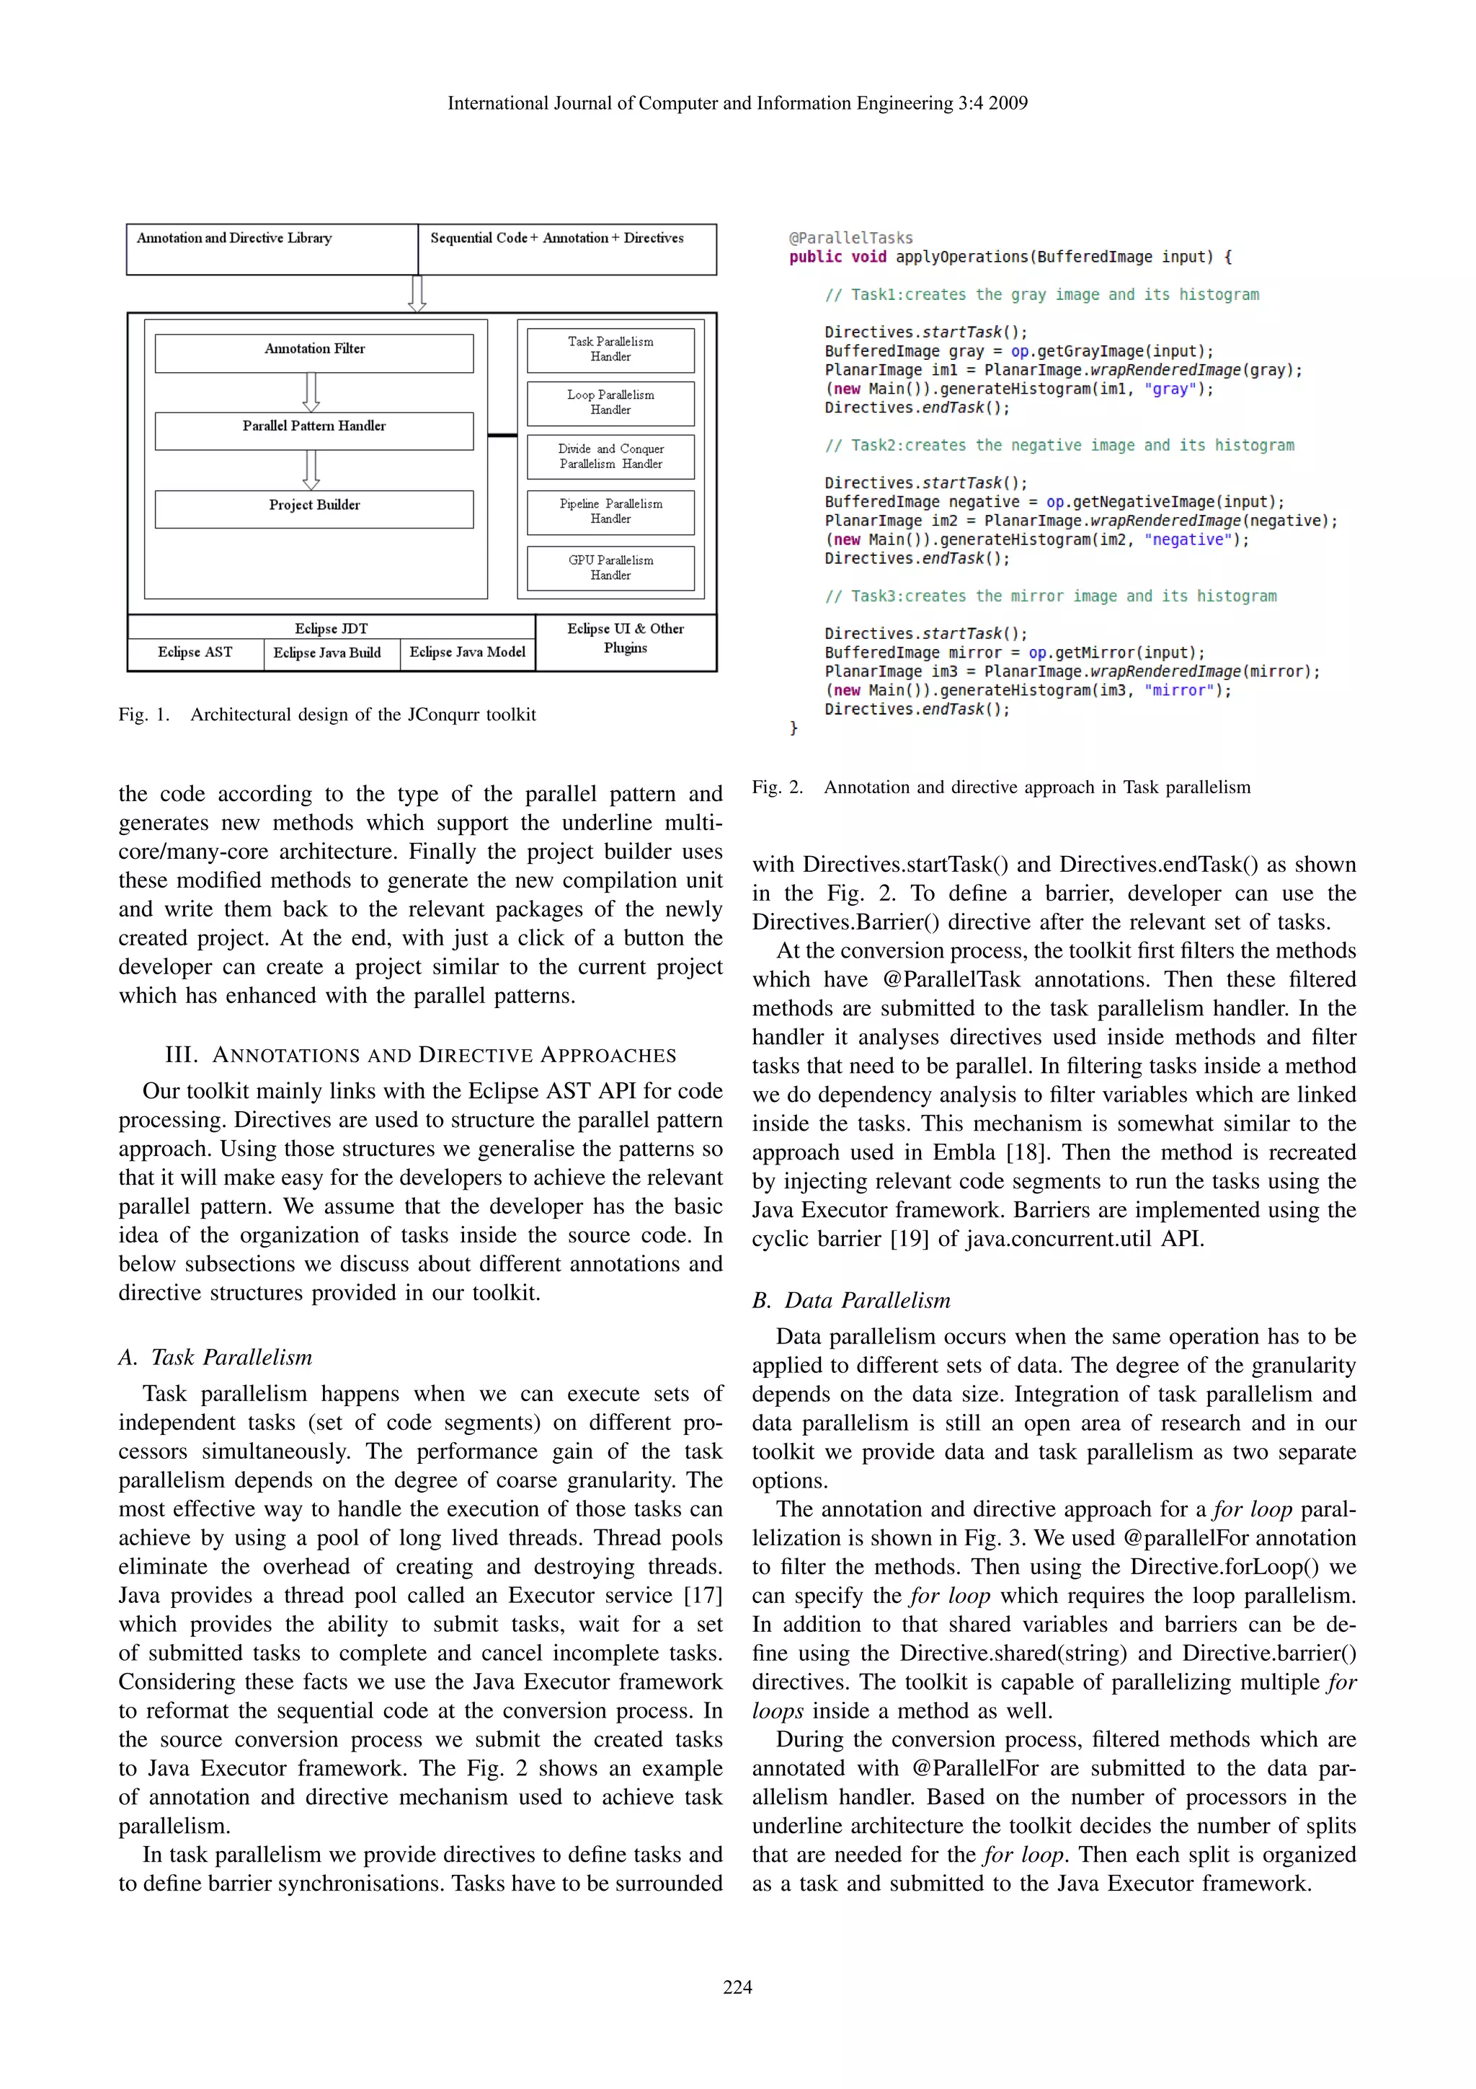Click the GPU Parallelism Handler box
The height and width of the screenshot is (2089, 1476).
(x=610, y=567)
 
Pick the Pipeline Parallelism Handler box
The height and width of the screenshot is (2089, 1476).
(x=610, y=511)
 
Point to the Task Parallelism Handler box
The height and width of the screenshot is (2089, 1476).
(x=610, y=350)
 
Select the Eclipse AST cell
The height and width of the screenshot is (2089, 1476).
(x=195, y=653)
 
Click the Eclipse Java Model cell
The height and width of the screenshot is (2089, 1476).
(x=468, y=653)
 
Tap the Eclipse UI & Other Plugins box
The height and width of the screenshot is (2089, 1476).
(x=626, y=639)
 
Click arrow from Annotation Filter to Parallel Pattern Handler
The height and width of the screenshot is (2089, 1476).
(x=311, y=392)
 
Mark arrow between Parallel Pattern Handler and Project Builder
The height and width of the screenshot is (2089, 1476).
(x=311, y=469)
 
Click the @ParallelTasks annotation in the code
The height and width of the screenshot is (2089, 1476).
(x=850, y=237)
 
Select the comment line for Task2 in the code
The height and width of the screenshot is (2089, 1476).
(x=1059, y=445)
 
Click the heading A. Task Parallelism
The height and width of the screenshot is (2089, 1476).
(x=215, y=1358)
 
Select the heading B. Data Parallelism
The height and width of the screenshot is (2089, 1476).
(x=851, y=1300)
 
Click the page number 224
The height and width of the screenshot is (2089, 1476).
(x=737, y=1987)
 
